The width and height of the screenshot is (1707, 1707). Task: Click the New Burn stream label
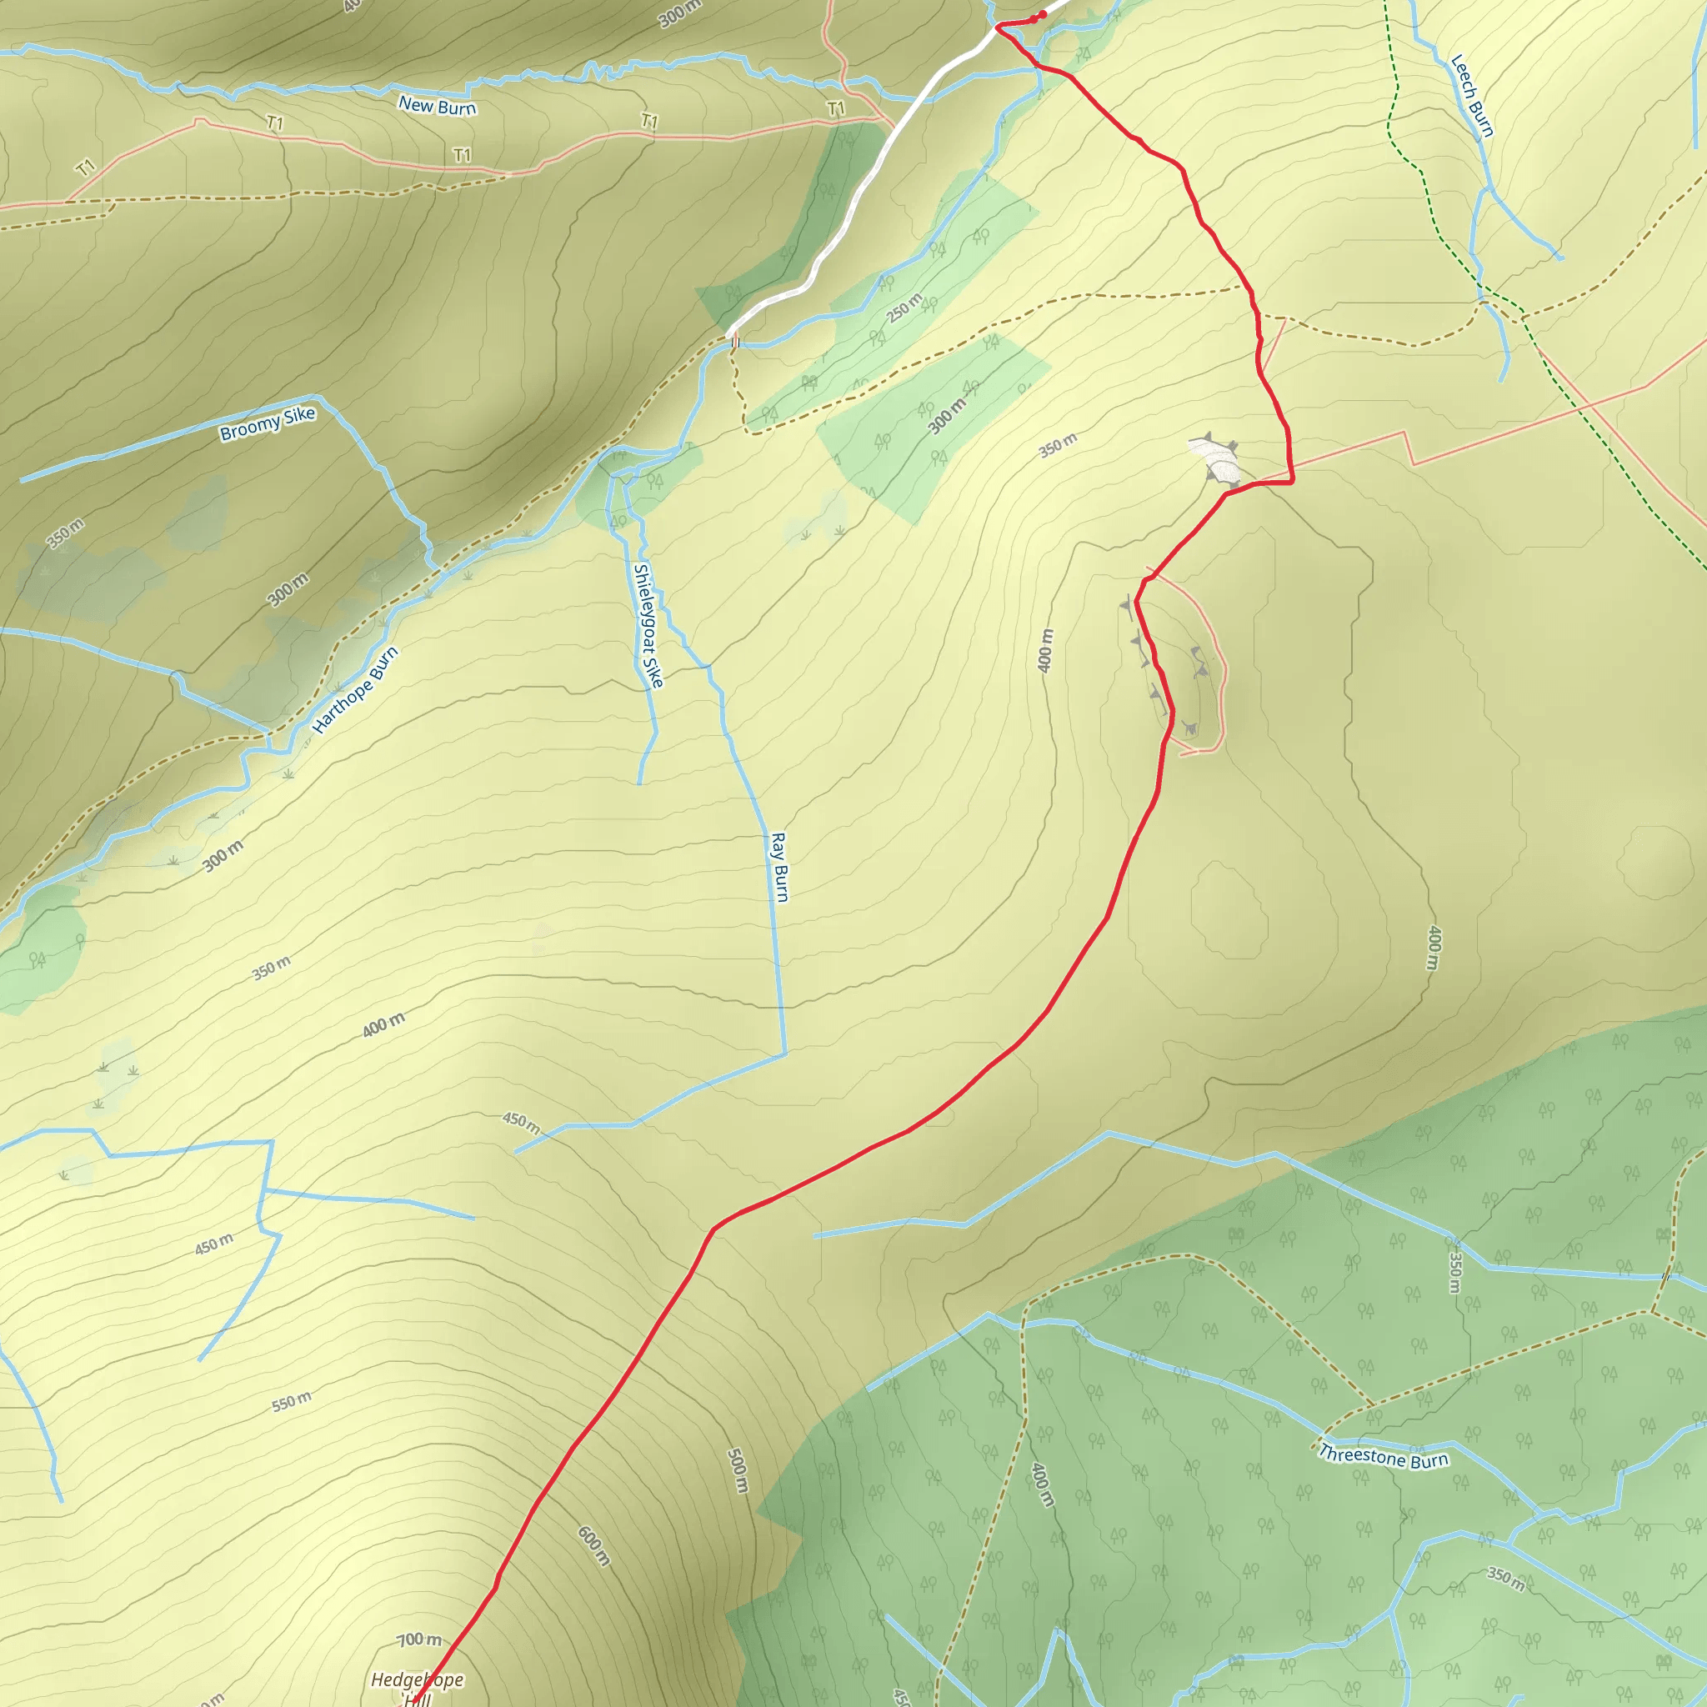[x=438, y=106]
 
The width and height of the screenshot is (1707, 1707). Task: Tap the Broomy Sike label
[x=268, y=423]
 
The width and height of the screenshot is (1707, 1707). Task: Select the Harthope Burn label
[x=356, y=690]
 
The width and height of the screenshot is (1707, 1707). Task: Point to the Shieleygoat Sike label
[x=648, y=626]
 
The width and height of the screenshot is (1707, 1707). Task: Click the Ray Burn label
[x=779, y=867]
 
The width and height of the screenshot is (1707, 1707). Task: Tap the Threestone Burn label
[x=1383, y=1457]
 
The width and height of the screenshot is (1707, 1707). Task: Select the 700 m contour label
[x=418, y=1639]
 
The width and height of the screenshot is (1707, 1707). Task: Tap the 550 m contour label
[x=292, y=1402]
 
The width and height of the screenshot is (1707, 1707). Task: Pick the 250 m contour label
[x=904, y=308]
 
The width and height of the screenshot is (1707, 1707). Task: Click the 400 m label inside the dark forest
[x=1043, y=1484]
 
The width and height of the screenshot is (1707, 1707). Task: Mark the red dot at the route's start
[x=1043, y=14]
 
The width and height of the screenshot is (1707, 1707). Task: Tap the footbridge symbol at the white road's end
[x=734, y=340]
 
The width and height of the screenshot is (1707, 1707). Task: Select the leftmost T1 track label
[x=85, y=167]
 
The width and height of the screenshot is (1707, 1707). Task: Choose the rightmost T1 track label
[x=836, y=108]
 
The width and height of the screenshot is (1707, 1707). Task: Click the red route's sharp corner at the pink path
[x=1293, y=482]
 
